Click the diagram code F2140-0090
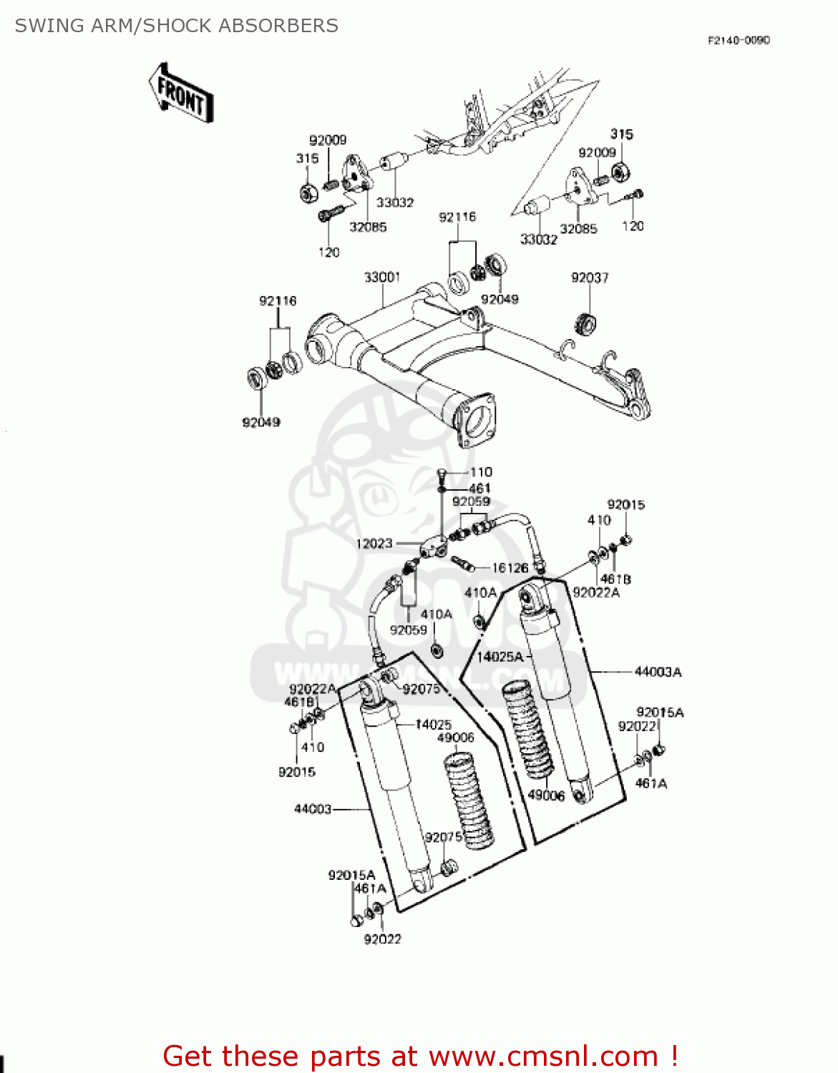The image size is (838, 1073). pos(739,40)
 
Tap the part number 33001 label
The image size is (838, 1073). pos(382,277)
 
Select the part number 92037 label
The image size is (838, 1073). pos(590,278)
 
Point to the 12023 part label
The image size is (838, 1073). pos(374,544)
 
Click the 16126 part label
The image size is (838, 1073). pos(510,568)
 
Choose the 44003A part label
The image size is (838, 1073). pos(658,672)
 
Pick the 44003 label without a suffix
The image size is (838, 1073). pos(313,809)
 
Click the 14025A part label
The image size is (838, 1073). pos(500,657)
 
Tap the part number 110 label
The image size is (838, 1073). pos(481,472)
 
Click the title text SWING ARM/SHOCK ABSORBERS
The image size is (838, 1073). pos(176,26)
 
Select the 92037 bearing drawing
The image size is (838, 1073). pos(585,323)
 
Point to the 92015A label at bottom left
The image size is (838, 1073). pos(351,875)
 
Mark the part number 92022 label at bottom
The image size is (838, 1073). pos(382,939)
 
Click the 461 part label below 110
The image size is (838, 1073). pos(479,488)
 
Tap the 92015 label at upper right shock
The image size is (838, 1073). pos(625,505)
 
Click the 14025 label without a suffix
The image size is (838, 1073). pos(433,725)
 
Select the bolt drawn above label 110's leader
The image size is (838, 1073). pos(442,474)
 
